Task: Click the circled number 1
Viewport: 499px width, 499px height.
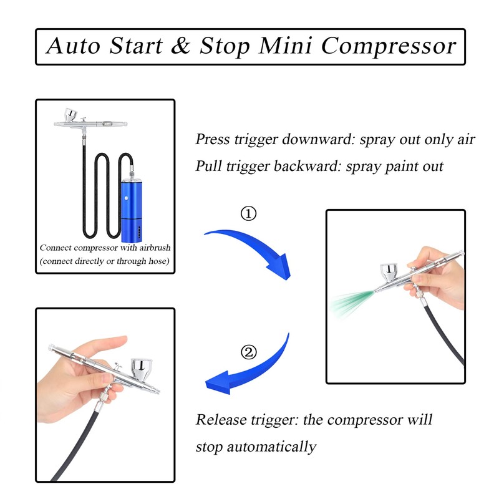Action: pyautogui.click(x=248, y=214)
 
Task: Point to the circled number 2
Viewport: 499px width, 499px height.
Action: pyautogui.click(x=248, y=352)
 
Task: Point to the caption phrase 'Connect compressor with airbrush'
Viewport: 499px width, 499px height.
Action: pyautogui.click(x=104, y=248)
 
